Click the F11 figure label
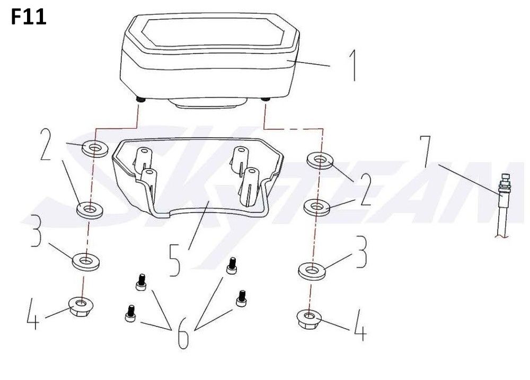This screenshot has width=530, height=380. (x=29, y=17)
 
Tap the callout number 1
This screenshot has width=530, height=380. (x=352, y=65)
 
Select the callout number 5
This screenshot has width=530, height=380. (x=175, y=260)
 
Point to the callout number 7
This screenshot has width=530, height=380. (x=426, y=152)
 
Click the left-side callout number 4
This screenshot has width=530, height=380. (x=33, y=314)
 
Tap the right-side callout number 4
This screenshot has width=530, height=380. (x=360, y=324)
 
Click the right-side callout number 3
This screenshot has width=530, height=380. (x=361, y=252)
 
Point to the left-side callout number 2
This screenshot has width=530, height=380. (x=46, y=144)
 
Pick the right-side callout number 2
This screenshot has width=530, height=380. (x=365, y=189)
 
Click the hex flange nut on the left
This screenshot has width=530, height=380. (x=81, y=306)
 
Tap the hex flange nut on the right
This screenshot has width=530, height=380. (x=308, y=320)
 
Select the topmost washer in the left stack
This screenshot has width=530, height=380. (x=95, y=148)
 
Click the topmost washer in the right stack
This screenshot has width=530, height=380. (x=320, y=160)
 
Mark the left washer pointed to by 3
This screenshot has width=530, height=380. (x=86, y=261)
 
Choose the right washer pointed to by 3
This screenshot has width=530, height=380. (x=312, y=271)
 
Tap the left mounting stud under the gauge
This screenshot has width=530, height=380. (x=139, y=100)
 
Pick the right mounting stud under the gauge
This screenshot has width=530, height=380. (x=266, y=100)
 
